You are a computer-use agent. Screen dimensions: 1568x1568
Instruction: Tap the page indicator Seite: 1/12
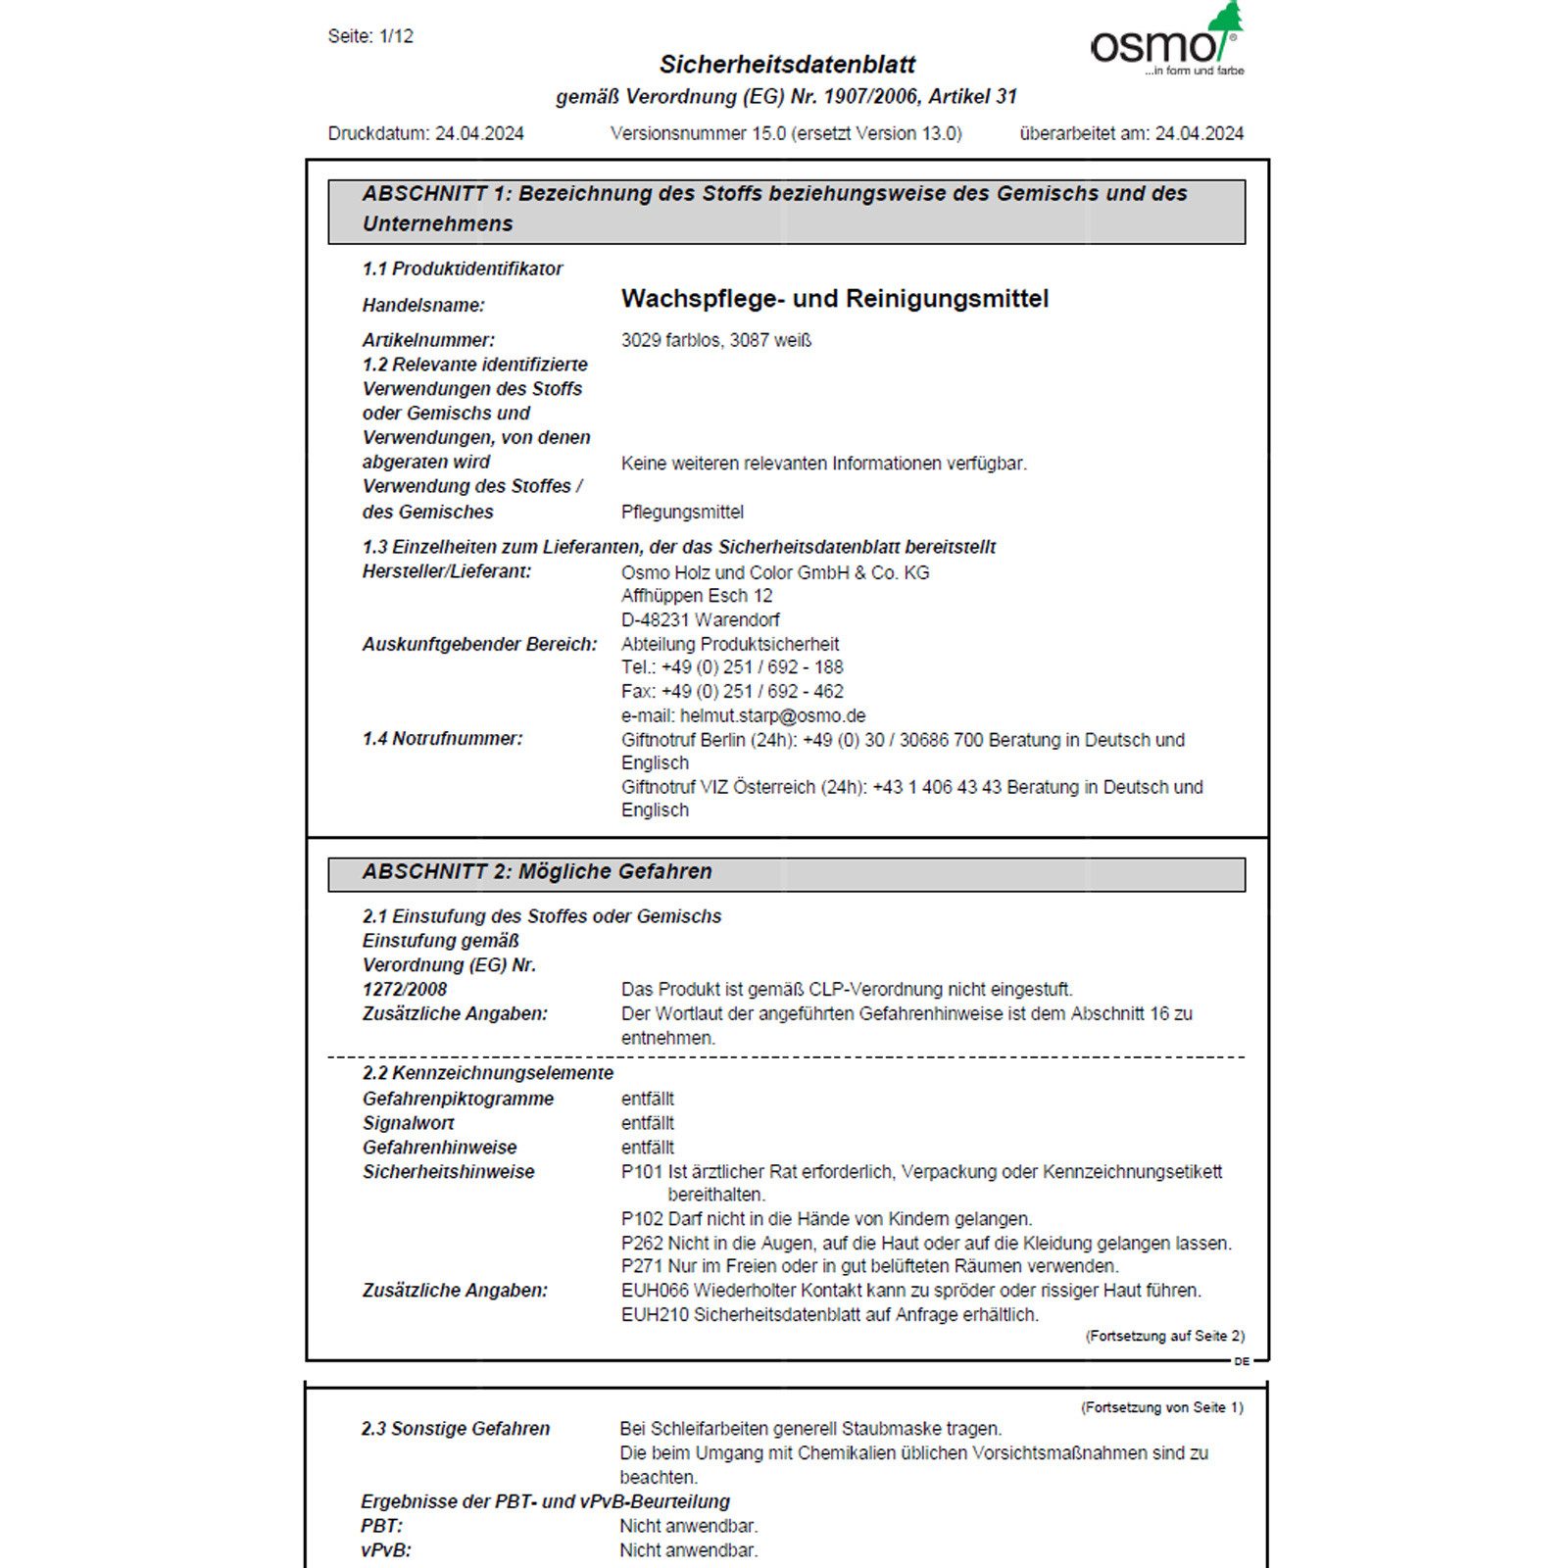point(370,36)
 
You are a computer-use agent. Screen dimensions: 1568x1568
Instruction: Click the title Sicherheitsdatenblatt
point(787,65)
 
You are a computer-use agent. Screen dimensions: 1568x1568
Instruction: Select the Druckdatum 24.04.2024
point(479,133)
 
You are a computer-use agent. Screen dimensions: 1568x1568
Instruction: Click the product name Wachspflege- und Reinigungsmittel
point(834,299)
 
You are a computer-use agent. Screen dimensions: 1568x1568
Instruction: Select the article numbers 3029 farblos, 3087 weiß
point(715,340)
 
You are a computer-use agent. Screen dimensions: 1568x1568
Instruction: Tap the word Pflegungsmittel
point(682,512)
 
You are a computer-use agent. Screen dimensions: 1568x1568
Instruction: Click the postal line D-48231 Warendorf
point(700,619)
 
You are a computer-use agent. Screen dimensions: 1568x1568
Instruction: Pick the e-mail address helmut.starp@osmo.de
point(772,715)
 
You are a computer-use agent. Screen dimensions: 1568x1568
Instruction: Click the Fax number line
point(731,691)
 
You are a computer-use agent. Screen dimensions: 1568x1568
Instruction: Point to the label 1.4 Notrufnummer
point(442,739)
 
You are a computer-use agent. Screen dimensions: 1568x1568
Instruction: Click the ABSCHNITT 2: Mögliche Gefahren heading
point(537,872)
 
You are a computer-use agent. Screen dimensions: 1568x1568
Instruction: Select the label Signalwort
point(408,1123)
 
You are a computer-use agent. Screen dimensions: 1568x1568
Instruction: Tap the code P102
point(642,1219)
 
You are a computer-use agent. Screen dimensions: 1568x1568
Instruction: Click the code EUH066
point(655,1291)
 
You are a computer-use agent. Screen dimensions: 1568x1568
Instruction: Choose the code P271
point(642,1266)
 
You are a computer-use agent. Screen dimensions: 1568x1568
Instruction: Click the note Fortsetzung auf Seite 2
point(1164,1336)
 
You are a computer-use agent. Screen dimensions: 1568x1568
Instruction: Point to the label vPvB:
point(385,1550)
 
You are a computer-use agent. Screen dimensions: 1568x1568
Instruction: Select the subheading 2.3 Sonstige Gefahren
point(455,1429)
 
